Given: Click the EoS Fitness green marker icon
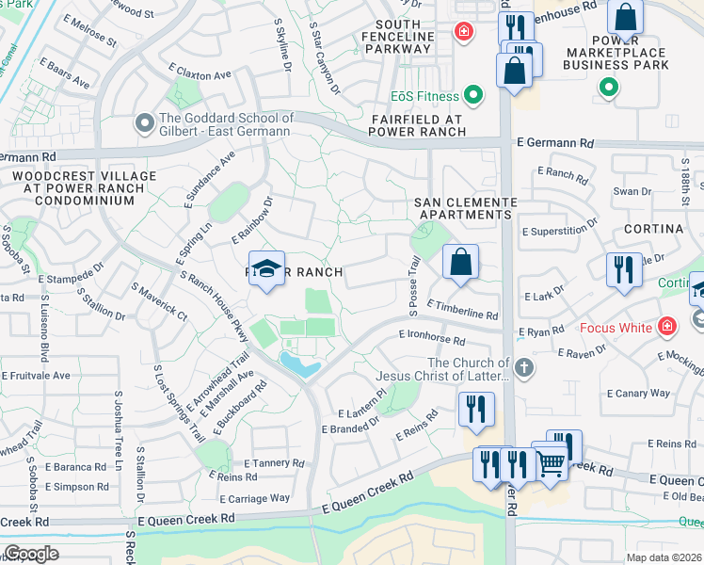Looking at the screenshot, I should [x=472, y=96].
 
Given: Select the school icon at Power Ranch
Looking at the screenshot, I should [x=267, y=268].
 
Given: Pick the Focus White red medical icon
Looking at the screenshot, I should [x=667, y=328].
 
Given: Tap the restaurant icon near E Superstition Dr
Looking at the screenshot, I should [x=624, y=270].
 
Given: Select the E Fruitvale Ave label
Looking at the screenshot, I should [x=36, y=375].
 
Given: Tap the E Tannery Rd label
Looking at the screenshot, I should [x=275, y=462].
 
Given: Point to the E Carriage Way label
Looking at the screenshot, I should [x=255, y=497].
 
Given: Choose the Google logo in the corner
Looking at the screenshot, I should [x=31, y=554].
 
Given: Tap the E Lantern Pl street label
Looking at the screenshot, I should [x=361, y=406].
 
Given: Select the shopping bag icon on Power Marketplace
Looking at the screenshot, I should [x=625, y=17].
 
